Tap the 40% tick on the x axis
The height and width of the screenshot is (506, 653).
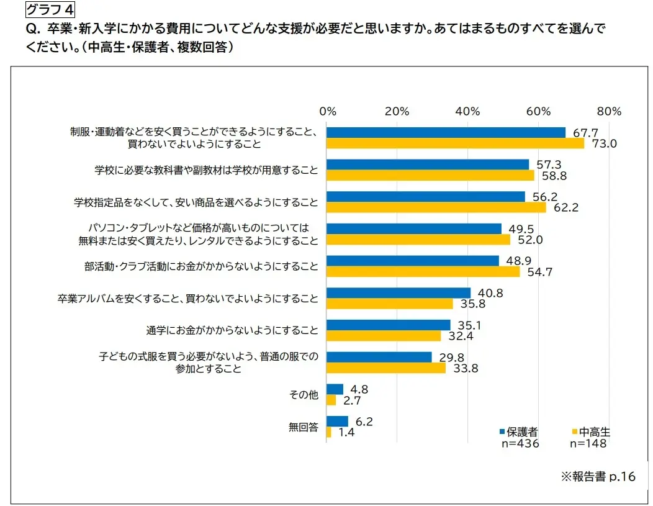[467, 111]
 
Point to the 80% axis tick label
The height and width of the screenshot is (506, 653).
[609, 111]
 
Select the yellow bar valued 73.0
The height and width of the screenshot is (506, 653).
[455, 143]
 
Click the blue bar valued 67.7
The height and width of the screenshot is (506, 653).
[446, 132]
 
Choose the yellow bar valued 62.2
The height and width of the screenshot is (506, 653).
[436, 207]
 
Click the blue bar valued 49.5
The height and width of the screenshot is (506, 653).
[414, 228]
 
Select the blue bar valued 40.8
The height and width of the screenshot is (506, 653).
[399, 292]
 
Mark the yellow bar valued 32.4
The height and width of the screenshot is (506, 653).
[384, 336]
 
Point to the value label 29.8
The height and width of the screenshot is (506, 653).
[451, 357]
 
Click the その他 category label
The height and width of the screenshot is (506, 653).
[304, 395]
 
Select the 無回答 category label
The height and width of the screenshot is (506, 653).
[304, 427]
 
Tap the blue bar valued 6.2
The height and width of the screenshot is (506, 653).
[337, 421]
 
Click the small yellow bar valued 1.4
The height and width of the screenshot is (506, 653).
[329, 432]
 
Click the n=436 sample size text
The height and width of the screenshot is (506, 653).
[520, 444]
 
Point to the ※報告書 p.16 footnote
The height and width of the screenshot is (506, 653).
[598, 477]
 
